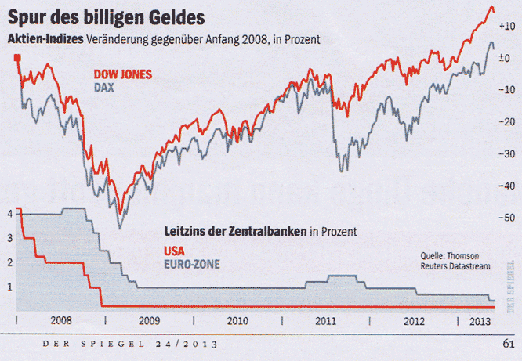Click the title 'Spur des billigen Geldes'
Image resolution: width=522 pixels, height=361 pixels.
pos(109,17)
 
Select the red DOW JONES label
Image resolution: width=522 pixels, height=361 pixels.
pos(122,75)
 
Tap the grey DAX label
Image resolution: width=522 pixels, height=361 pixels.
pos(104,87)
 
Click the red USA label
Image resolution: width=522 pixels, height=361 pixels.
pos(176,251)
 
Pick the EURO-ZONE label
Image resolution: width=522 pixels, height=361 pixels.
pos(192,264)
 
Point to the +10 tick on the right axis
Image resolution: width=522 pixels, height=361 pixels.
pos(506,26)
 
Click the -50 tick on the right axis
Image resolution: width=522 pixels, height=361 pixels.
pos(506,217)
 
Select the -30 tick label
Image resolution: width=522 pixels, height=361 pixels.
pos(506,153)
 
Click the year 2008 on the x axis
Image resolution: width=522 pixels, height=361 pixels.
pos(61,320)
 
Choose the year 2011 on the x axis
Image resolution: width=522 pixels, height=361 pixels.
pos(326,320)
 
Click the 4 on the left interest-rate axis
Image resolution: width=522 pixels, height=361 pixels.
pos(9,213)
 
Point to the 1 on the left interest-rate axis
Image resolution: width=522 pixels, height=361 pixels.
pos(9,287)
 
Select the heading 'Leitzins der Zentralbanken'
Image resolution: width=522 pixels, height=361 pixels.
pos(235,232)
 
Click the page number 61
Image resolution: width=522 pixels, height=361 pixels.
pos(507,342)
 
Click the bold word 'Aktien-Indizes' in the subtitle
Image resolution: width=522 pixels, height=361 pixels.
pos(45,39)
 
